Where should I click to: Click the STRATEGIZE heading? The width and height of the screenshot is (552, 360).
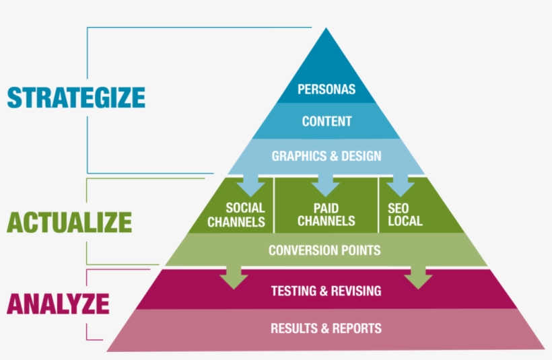click(x=76, y=97)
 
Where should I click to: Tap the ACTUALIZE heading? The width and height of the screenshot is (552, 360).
click(x=69, y=221)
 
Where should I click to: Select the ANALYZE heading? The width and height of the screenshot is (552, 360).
click(x=58, y=303)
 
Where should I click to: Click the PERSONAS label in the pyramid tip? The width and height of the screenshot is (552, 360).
click(x=326, y=89)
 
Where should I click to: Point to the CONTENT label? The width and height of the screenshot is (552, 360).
click(x=326, y=122)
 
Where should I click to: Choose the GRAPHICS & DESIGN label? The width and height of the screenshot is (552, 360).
click(x=326, y=156)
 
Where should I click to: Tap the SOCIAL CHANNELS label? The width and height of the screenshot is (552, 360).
click(x=236, y=215)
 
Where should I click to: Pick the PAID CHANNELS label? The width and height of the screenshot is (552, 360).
click(x=326, y=215)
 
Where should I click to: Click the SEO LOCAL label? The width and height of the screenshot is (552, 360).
click(x=405, y=215)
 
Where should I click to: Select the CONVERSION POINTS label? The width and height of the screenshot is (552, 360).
click(x=324, y=250)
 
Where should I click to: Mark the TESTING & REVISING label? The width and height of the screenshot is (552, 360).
click(x=326, y=291)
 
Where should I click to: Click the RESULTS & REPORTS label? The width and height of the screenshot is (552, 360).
click(x=326, y=329)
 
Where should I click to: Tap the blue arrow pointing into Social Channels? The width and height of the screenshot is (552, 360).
click(x=252, y=182)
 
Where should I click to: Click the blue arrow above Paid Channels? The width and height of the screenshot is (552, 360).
click(x=325, y=182)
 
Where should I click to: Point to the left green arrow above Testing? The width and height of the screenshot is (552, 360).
click(x=234, y=275)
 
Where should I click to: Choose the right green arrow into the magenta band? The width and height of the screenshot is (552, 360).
click(x=418, y=275)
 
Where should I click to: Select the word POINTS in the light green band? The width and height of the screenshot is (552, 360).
click(x=357, y=250)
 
